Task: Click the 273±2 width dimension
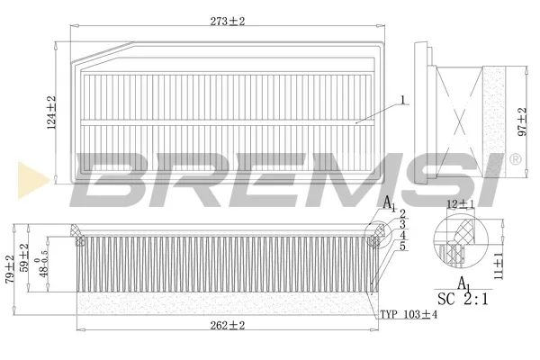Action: tap(228, 22)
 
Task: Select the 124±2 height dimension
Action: tap(51, 112)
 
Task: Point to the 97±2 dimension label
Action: tap(522, 121)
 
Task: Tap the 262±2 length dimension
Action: tap(228, 325)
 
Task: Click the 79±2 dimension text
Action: tap(10, 269)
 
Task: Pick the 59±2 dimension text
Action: tap(24, 257)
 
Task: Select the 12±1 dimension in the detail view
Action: tap(460, 204)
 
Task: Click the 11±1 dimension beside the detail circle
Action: tap(499, 265)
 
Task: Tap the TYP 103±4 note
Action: tap(409, 314)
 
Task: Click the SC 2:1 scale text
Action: tap(463, 299)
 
